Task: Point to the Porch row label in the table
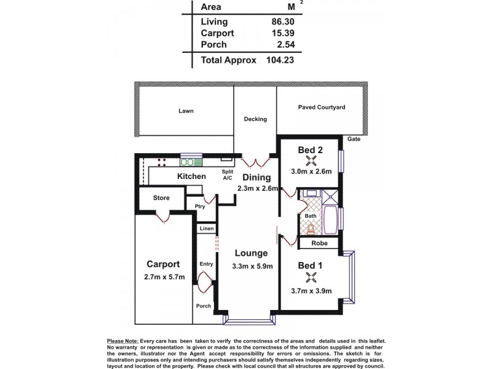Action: coord(213,45)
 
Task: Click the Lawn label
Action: coord(186,111)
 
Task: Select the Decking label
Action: coord(255,119)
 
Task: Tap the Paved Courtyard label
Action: coord(322,107)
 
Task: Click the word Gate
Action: coord(354,140)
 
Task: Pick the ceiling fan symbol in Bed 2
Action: coord(313,161)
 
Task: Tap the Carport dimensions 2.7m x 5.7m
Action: coord(163,277)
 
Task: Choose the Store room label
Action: coord(161,198)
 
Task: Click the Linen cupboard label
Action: coord(207,229)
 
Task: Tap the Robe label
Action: coord(319,244)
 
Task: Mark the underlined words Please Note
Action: coord(122,341)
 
